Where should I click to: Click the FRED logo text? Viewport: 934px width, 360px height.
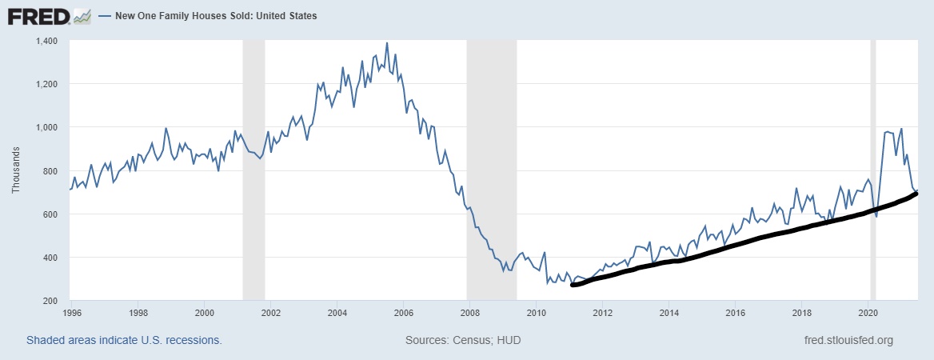tap(37, 15)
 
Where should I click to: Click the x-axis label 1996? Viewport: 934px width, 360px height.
tap(70, 313)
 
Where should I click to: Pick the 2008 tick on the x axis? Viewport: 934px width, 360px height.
tap(469, 313)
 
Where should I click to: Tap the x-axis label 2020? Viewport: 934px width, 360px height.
tap(869, 313)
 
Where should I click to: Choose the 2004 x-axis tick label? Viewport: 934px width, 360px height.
tap(337, 313)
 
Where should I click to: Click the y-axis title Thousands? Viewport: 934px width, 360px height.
tap(16, 170)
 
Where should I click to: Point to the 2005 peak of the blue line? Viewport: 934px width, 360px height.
tap(387, 43)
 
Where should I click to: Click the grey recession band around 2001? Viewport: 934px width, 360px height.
tap(253, 168)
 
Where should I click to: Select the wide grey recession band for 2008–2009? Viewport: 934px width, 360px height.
tap(492, 168)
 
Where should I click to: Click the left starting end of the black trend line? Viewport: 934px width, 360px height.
tap(572, 285)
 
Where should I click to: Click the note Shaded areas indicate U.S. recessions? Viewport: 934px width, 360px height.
tap(124, 340)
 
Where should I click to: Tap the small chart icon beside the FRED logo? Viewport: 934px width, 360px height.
tap(82, 15)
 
